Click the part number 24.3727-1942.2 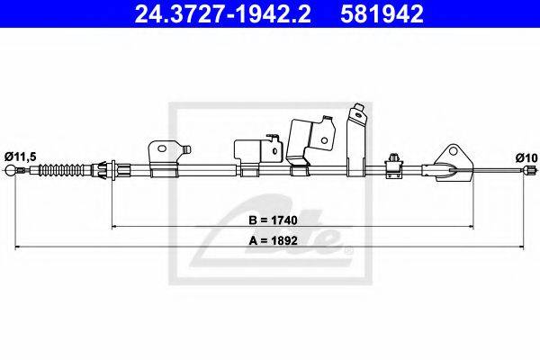(x=222, y=14)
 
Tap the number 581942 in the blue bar (x=382, y=14)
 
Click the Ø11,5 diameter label (x=21, y=157)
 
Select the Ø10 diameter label (x=526, y=157)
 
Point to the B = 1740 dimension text (x=273, y=220)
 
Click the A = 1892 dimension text (x=273, y=240)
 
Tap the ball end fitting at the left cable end (x=11, y=170)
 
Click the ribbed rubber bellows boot (x=61, y=170)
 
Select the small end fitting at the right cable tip (x=530, y=170)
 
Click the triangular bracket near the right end (x=453, y=163)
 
